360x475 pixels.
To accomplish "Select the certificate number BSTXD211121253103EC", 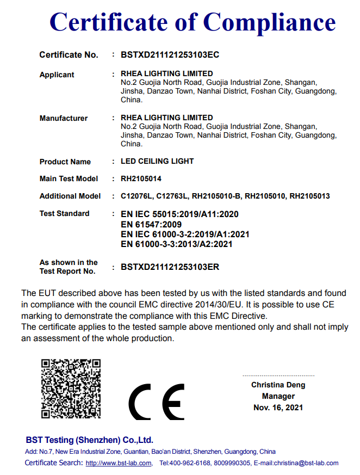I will coord(170,55).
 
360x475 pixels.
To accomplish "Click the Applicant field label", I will coord(57,75).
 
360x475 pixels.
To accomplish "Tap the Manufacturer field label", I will coord(63,118).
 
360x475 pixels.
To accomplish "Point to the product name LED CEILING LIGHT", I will coord(157,162).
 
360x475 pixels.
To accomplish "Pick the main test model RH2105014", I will coord(141,178).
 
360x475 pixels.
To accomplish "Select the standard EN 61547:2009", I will coord(151,224).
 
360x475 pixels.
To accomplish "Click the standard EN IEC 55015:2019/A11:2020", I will coord(179,214).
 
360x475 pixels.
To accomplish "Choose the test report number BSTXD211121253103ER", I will coord(170,267).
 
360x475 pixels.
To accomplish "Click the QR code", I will coord(71,388).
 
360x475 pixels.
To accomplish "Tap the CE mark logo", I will coord(157,402).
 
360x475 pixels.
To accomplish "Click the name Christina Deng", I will coord(278,385).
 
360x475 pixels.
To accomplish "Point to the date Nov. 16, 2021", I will coord(278,407).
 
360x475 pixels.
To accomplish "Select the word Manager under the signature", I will coord(278,396).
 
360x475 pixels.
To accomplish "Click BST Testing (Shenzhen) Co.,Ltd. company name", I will coord(89,440).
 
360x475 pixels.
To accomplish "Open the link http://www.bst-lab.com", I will coord(119,463).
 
